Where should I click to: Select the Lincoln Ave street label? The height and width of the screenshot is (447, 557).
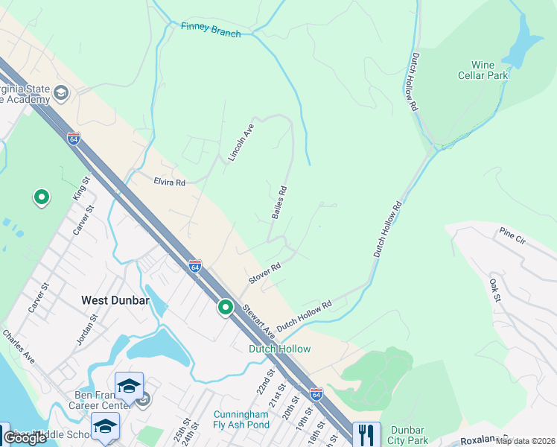[x=241, y=143]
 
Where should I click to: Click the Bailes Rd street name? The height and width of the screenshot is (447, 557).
[x=279, y=202]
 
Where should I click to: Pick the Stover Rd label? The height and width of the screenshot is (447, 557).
[x=264, y=273]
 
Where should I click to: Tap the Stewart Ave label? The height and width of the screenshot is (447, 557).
[x=258, y=327]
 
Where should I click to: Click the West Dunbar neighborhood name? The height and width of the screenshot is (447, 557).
[x=115, y=300]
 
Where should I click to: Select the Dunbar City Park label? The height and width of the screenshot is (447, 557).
[x=408, y=434]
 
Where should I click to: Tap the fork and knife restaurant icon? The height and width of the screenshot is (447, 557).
[x=365, y=434]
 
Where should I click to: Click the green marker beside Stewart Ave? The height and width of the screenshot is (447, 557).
[x=226, y=307]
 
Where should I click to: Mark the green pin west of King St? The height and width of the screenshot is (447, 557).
[x=42, y=197]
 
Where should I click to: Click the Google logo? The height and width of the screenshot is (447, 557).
[x=25, y=437]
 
